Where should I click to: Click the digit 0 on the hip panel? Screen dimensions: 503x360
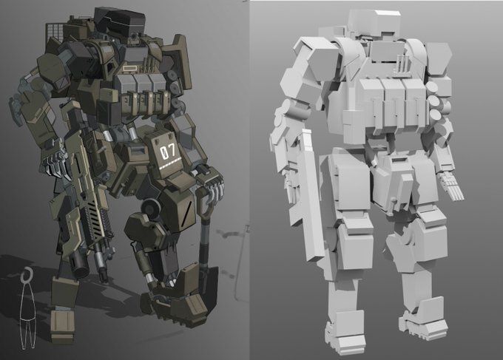tap(164, 152)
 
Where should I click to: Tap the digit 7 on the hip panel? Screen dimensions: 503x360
tap(172, 150)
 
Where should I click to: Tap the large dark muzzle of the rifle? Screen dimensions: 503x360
tap(79, 267)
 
